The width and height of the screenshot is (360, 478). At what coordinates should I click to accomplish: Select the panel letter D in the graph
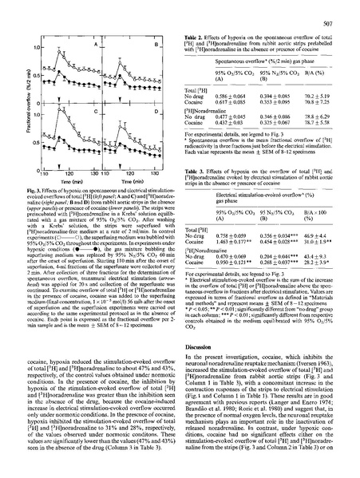158,111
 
